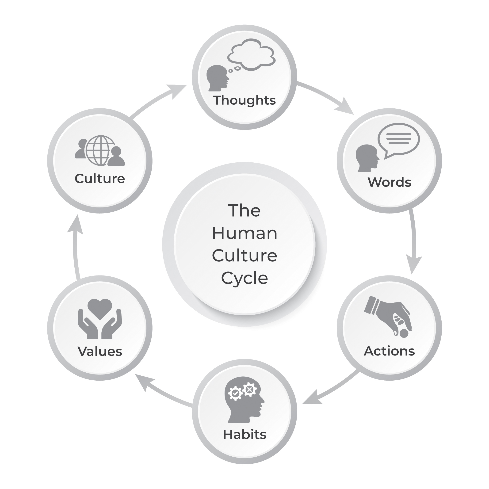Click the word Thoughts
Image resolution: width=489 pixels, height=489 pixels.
point(244,100)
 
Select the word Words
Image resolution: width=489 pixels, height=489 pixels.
point(389,182)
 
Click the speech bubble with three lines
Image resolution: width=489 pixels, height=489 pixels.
point(398,139)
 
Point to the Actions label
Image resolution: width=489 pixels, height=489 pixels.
point(389,351)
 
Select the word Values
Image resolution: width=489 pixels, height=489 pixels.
point(100,351)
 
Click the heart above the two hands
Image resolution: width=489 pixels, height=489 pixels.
point(100,308)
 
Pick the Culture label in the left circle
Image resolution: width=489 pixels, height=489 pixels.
point(100,179)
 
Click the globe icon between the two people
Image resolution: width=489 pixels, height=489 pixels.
point(100,150)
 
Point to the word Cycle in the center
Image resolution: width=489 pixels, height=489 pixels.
point(244,278)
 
